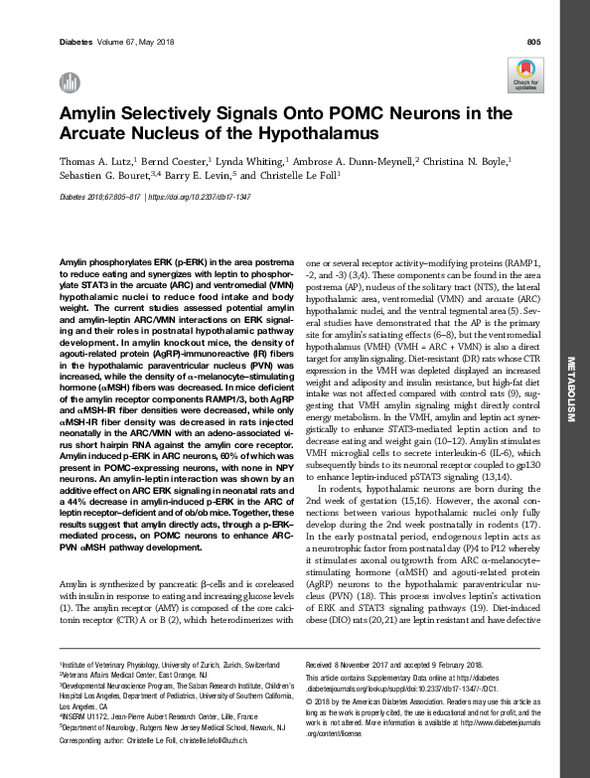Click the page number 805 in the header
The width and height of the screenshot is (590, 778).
(x=533, y=41)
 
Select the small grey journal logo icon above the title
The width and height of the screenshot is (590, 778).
(x=68, y=82)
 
